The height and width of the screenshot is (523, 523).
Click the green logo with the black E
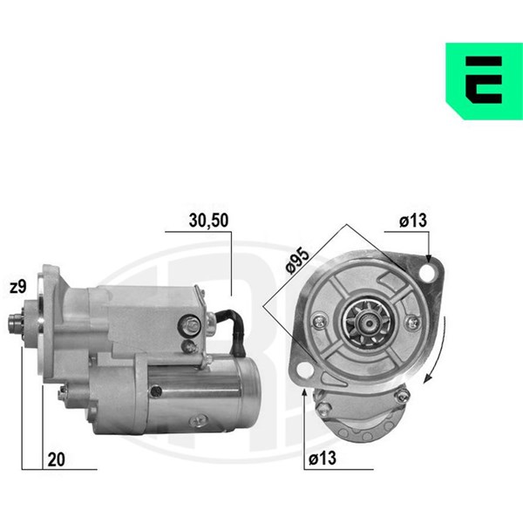coord(485,81)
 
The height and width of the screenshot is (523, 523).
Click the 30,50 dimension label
coord(209,221)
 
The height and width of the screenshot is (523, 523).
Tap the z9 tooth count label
coord(18,287)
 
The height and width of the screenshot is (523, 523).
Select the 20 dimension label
coord(56,459)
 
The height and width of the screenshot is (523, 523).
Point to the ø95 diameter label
coord(298,261)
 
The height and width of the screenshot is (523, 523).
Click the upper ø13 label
coord(413,221)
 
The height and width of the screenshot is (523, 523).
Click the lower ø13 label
coord(323,458)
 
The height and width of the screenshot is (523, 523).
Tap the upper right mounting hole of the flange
coord(428,273)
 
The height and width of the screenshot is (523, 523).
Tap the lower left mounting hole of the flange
coord(306,370)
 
